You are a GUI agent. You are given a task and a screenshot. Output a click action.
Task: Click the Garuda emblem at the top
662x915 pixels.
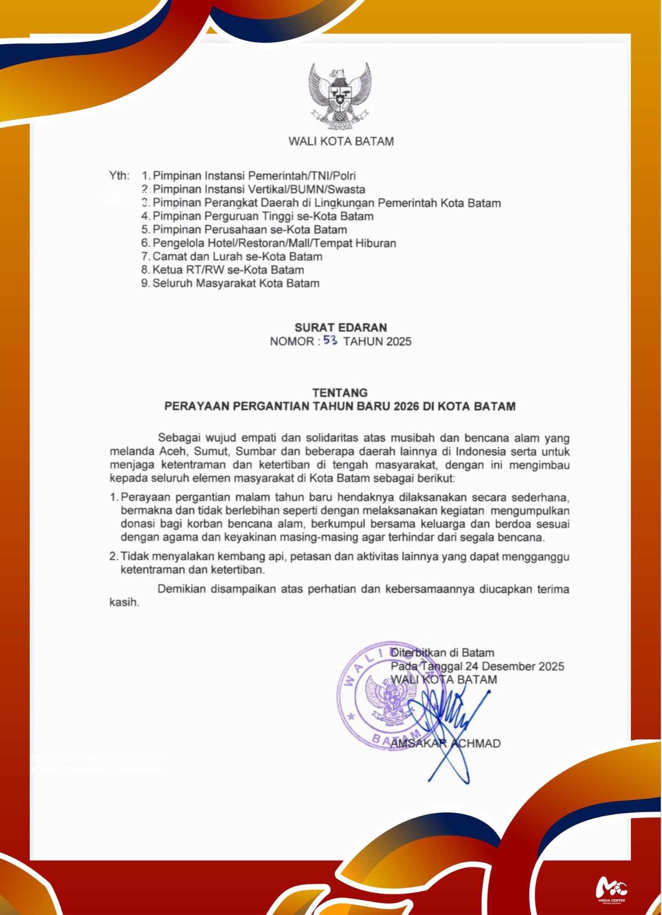click(340, 97)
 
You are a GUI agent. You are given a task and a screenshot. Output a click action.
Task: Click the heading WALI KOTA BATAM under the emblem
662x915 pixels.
click(341, 141)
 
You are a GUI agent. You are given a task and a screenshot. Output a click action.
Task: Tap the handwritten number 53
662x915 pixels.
click(330, 340)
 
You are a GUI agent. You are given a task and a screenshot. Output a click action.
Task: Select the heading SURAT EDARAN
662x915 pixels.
click(341, 328)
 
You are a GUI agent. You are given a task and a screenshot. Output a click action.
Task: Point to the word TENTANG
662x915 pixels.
click(340, 393)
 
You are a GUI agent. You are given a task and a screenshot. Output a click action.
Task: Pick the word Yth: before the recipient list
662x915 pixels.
click(119, 176)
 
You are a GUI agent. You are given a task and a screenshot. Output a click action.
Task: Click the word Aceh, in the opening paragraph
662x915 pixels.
click(173, 452)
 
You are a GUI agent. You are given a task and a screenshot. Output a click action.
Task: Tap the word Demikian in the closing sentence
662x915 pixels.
click(181, 589)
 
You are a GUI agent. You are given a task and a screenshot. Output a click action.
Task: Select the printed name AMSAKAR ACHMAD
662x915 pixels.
click(445, 743)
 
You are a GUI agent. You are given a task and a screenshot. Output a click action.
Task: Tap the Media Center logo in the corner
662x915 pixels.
click(611, 889)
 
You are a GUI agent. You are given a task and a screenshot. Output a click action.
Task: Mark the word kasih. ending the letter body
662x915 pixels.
click(124, 603)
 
